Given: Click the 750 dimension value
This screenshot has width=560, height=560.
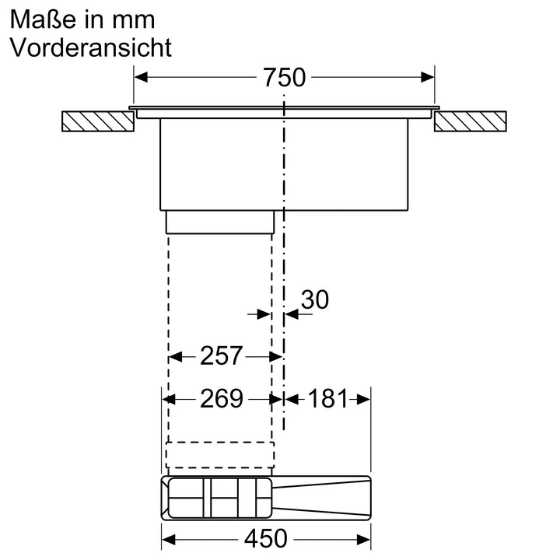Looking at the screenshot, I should click(x=284, y=78).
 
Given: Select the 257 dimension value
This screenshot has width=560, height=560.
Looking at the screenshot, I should click(x=222, y=356).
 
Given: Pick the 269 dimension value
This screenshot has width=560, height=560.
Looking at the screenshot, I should click(x=222, y=399).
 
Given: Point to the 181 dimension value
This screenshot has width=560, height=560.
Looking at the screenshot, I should click(x=327, y=399).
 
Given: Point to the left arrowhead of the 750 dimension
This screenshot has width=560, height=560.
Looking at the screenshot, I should click(x=141, y=77).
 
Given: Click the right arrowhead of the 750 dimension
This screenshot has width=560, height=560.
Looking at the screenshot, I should click(x=427, y=77).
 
